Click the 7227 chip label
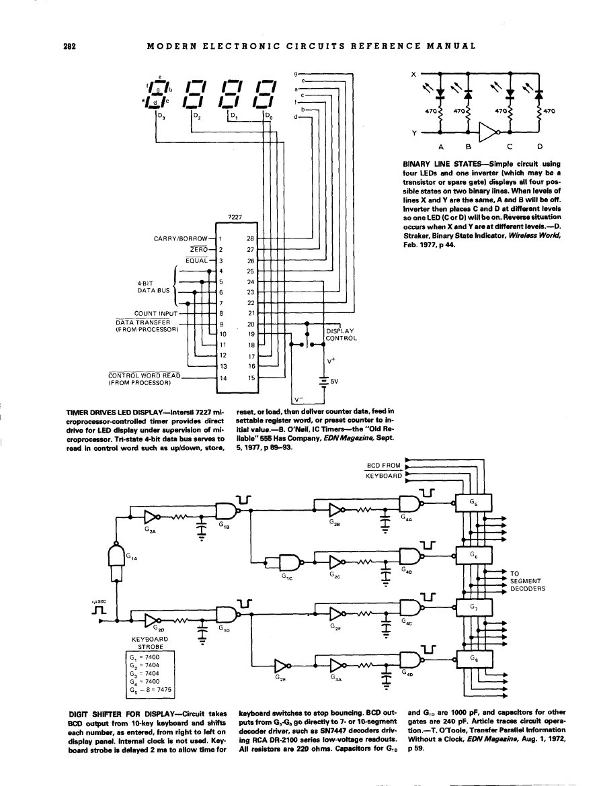tap(235, 216)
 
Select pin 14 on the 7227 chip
tap(223, 378)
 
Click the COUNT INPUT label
tap(157, 313)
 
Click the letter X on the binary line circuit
tap(413, 73)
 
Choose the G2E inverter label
tap(282, 679)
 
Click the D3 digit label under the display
tap(160, 116)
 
